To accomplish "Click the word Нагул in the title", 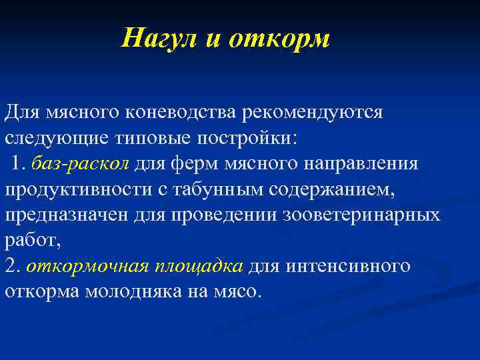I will tap(159, 38).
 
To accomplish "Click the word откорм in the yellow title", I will tap(279, 38).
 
